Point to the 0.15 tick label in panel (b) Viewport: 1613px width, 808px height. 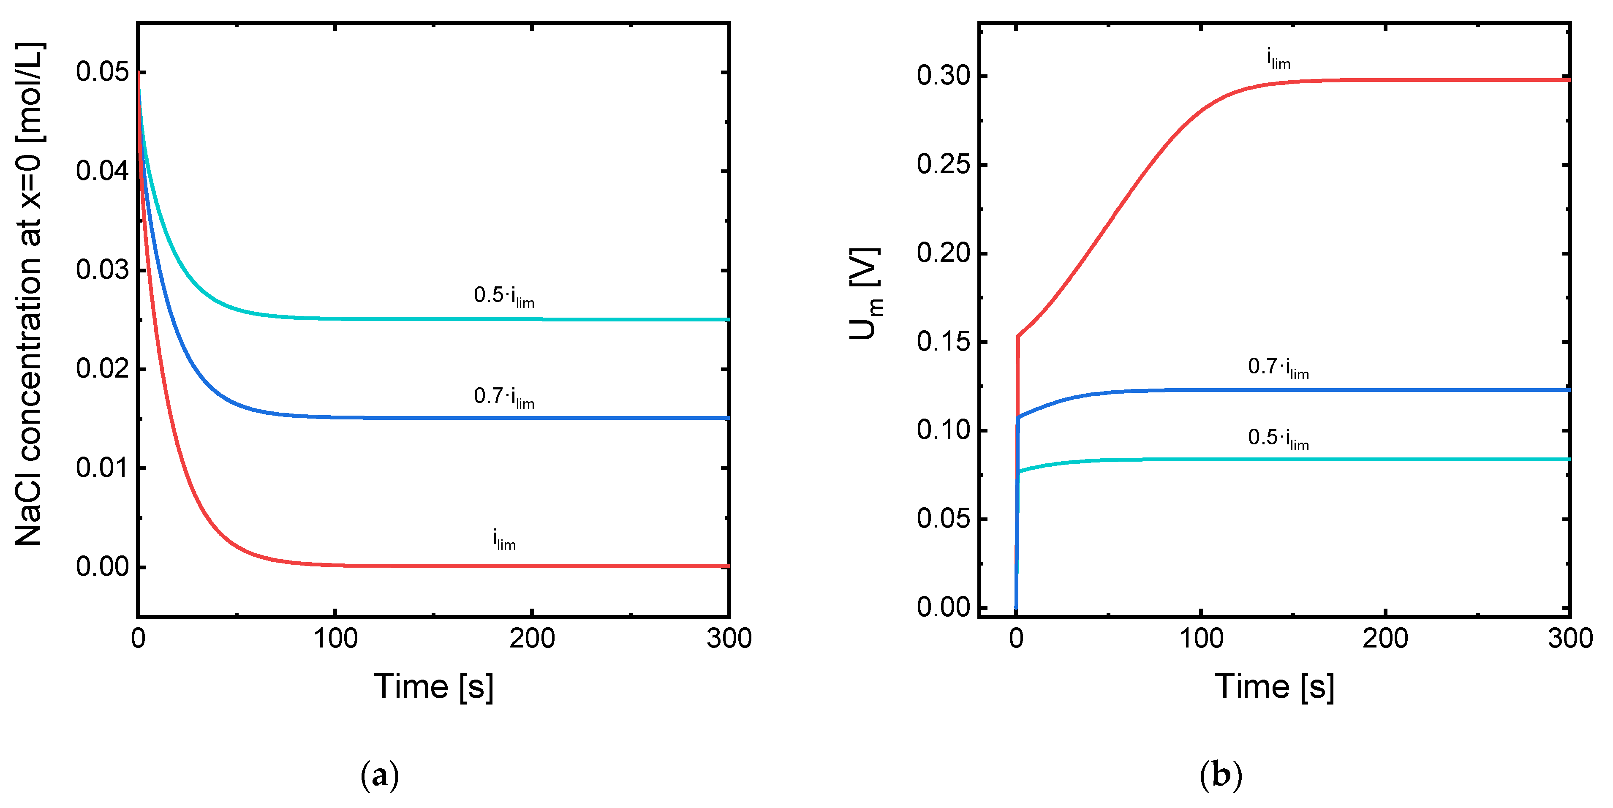click(943, 342)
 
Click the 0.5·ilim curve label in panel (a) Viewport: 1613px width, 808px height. click(504, 296)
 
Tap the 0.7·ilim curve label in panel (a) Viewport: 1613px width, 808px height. click(504, 397)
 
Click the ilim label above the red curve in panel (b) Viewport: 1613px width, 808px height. click(1278, 59)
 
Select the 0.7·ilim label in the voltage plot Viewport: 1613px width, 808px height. click(1278, 367)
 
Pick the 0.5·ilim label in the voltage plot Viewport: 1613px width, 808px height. click(1278, 438)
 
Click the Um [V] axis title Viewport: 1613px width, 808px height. click(866, 294)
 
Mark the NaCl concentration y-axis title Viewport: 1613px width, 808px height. click(29, 294)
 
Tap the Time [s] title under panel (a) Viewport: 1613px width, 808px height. click(434, 687)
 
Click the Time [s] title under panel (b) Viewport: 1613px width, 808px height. click(1275, 687)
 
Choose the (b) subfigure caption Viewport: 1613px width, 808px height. click(1220, 775)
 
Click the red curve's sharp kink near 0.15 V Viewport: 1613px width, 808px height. click(1018, 336)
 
